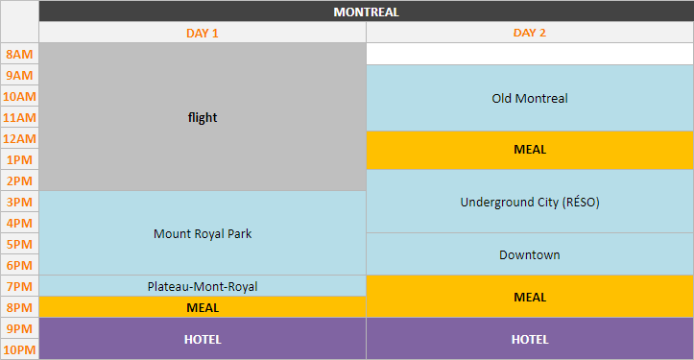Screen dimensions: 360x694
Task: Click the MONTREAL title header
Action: [x=366, y=12]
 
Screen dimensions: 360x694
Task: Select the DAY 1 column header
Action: [x=203, y=33]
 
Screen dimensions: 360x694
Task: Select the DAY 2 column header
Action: [x=530, y=33]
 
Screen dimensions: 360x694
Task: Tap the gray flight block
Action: [x=203, y=117]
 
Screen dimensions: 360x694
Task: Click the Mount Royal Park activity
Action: [x=203, y=233]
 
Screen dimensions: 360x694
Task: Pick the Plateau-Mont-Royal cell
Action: [x=203, y=286]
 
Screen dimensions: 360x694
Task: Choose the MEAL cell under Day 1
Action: [x=203, y=307]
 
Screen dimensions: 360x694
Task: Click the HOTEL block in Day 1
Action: [x=203, y=339]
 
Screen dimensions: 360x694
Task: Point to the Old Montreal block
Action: [x=530, y=98]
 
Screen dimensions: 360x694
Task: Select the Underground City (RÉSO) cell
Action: [x=530, y=202]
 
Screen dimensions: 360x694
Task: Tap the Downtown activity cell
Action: [x=530, y=254]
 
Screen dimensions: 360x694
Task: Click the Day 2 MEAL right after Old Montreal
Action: [x=530, y=150]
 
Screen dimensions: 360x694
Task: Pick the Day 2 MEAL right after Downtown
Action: [x=530, y=297]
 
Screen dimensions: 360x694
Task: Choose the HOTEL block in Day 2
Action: [x=530, y=339]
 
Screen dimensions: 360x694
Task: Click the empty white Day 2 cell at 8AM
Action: [x=530, y=54]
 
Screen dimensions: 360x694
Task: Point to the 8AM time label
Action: [x=19, y=54]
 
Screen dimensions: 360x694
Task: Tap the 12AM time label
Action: [x=19, y=138]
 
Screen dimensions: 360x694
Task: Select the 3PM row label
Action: [x=19, y=202]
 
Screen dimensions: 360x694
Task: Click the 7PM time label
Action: [x=19, y=286]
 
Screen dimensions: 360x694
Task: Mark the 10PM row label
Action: [x=19, y=349]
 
